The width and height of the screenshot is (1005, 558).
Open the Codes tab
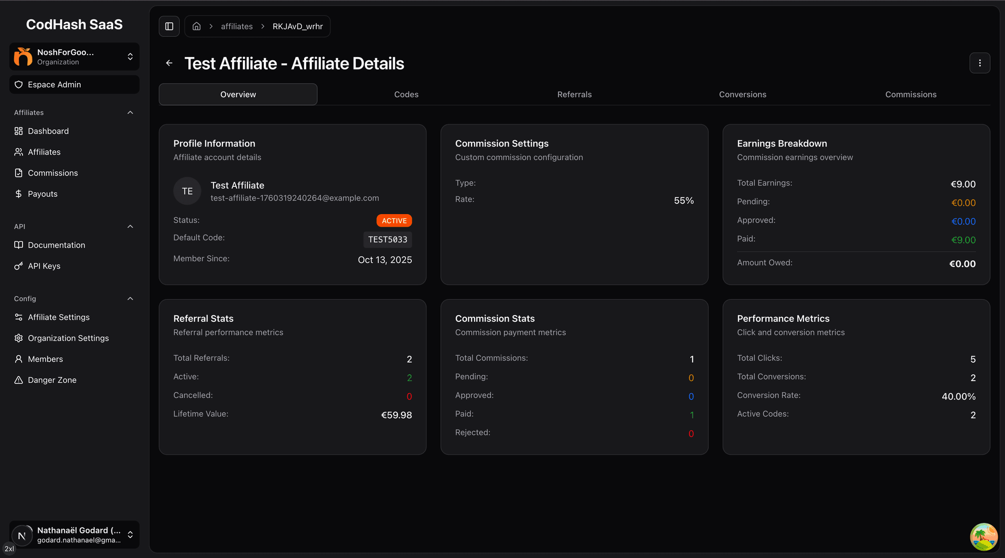click(406, 94)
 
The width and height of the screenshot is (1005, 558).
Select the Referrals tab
click(574, 94)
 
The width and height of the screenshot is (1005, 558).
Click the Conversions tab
click(742, 94)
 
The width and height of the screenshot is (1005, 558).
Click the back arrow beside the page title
click(169, 63)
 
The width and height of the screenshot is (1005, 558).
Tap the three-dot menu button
click(979, 63)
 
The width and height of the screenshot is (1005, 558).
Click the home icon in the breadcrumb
click(197, 26)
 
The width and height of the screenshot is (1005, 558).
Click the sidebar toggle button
click(169, 26)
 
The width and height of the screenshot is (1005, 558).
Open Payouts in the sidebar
click(42, 194)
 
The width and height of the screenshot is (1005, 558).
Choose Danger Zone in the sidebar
click(52, 380)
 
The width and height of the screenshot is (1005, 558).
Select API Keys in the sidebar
click(44, 266)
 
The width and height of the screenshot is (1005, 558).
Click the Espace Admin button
click(74, 84)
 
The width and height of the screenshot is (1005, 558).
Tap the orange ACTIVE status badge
click(394, 221)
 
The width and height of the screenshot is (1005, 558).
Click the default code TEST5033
click(387, 240)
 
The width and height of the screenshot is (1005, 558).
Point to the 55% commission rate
click(684, 200)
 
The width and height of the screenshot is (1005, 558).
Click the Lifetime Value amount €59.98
click(396, 415)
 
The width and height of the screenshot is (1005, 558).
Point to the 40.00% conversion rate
click(958, 397)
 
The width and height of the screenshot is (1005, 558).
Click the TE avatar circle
click(187, 191)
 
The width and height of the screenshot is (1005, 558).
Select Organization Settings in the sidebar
click(68, 338)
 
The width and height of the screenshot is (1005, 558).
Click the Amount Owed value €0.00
click(962, 264)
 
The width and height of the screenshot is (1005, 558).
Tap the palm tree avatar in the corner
click(984, 537)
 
